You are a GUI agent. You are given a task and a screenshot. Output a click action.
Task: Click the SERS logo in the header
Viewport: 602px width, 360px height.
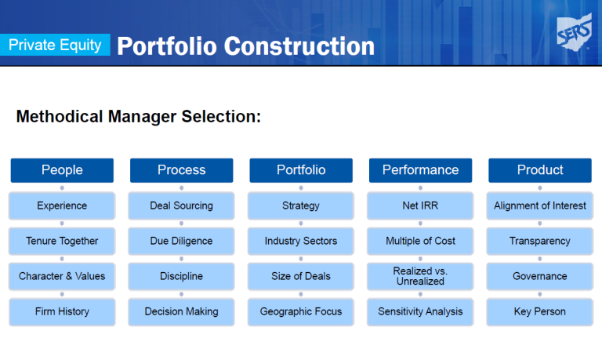(575, 32)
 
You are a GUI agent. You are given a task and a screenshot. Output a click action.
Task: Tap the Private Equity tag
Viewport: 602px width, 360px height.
(55, 45)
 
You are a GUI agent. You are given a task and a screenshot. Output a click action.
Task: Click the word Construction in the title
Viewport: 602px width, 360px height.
(299, 46)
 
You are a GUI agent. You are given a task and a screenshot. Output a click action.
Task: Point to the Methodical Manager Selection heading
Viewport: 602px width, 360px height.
(139, 116)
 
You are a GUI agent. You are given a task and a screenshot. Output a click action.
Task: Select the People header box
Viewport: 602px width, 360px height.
(62, 170)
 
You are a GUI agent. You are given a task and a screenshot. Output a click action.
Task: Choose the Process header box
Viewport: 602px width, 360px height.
(182, 170)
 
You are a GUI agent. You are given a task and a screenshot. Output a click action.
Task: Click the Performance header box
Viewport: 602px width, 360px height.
(420, 170)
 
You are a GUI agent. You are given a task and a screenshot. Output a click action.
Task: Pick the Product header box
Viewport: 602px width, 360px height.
(540, 170)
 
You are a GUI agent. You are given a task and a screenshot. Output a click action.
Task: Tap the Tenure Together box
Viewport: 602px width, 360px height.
(62, 241)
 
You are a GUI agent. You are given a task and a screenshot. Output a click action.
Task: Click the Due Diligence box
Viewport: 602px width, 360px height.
(182, 241)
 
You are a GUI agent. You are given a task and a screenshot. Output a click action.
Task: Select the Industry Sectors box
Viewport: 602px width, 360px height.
(301, 241)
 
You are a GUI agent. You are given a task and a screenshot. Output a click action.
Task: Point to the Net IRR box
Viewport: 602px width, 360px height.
(420, 205)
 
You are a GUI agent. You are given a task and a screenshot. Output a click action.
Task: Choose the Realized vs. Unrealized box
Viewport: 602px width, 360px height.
(420, 276)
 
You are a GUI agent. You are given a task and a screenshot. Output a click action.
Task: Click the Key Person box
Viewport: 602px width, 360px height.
(540, 311)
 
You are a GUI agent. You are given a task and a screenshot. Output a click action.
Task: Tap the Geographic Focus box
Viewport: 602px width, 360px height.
(301, 311)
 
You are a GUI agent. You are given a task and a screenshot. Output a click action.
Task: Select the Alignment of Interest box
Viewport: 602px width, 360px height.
(540, 205)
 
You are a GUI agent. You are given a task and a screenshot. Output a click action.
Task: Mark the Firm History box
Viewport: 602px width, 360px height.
(62, 311)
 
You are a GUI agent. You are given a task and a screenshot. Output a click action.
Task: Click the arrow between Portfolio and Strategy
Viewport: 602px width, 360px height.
(301, 188)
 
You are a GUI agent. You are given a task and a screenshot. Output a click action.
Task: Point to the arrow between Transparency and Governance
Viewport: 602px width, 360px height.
(540, 259)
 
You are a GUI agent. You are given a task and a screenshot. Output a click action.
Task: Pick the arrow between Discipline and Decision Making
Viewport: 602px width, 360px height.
(182, 294)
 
